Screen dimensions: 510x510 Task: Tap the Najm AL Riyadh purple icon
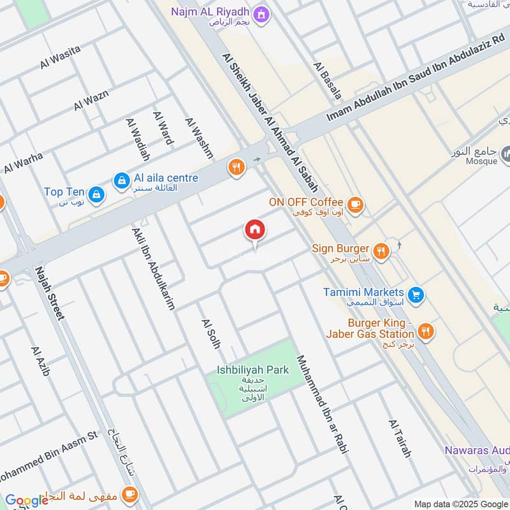(260, 12)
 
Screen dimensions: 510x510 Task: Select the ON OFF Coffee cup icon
(356, 205)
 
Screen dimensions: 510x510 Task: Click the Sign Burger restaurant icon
(381, 251)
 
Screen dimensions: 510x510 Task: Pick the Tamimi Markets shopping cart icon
(416, 295)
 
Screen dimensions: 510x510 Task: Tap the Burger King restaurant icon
(426, 331)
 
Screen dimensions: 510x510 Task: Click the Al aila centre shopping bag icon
(121, 182)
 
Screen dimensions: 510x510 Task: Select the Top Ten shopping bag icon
(96, 194)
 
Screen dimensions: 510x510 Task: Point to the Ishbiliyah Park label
(252, 370)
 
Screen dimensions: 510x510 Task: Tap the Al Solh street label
(210, 333)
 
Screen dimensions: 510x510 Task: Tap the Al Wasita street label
(60, 57)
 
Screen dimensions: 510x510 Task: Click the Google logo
(27, 500)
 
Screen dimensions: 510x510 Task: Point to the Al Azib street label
(40, 361)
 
